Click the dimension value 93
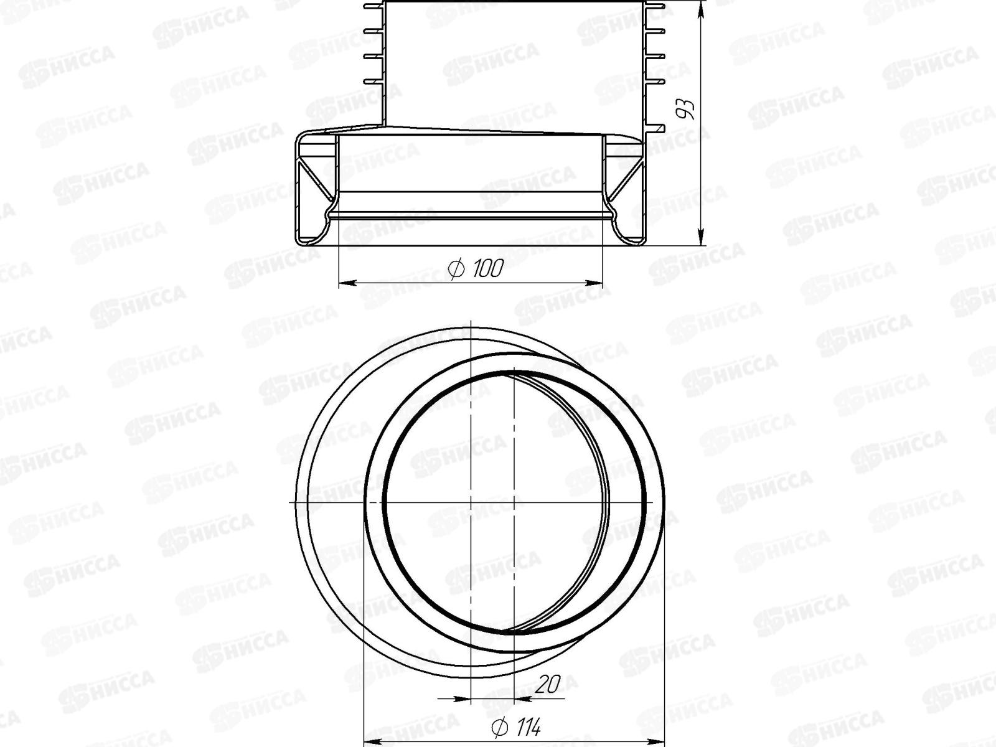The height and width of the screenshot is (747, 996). (x=686, y=109)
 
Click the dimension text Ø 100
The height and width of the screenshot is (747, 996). (x=476, y=269)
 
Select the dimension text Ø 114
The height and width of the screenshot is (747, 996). (x=516, y=726)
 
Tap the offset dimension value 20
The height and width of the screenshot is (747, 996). (x=548, y=684)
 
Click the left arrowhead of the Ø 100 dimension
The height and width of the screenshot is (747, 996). (x=346, y=283)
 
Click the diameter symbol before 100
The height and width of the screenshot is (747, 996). (x=456, y=269)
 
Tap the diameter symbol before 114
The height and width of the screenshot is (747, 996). (x=498, y=726)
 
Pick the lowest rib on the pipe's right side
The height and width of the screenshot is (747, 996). (x=657, y=129)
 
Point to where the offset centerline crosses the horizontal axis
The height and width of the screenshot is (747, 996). (x=514, y=502)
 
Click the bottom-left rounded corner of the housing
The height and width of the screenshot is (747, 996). (x=300, y=240)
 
